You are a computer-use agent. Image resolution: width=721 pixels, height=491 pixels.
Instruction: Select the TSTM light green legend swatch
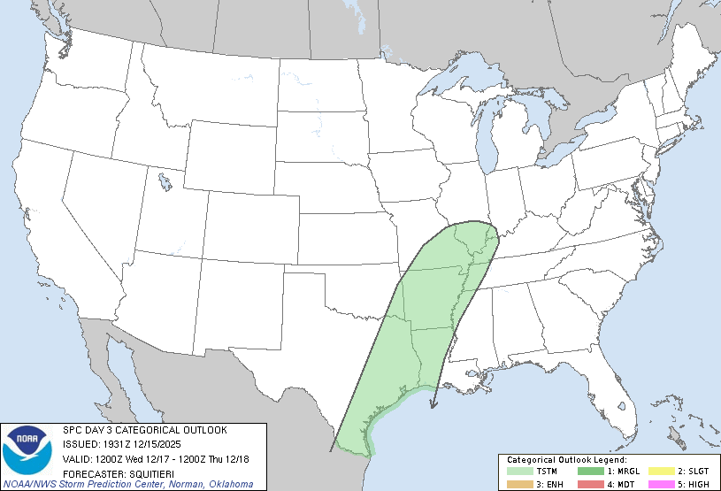[520, 472]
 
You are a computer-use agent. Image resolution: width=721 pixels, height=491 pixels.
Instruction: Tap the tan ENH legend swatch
[520, 484]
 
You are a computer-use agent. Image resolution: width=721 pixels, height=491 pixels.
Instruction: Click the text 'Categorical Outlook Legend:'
[566, 461]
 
